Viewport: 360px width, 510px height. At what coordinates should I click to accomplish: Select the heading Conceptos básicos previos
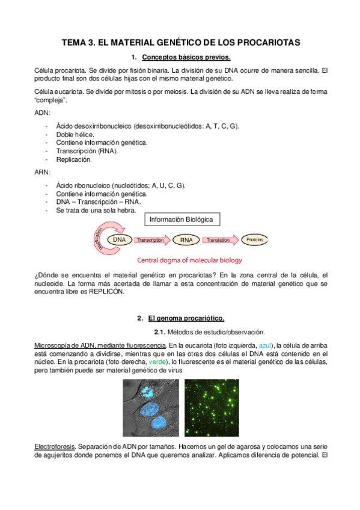186,58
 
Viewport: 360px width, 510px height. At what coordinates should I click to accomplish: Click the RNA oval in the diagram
186,240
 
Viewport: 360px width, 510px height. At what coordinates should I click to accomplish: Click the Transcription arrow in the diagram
151,239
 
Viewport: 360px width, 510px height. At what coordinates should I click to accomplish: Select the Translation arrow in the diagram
219,239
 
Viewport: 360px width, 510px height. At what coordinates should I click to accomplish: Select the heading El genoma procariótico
186,318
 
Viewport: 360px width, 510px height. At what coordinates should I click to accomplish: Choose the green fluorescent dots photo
210,408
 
